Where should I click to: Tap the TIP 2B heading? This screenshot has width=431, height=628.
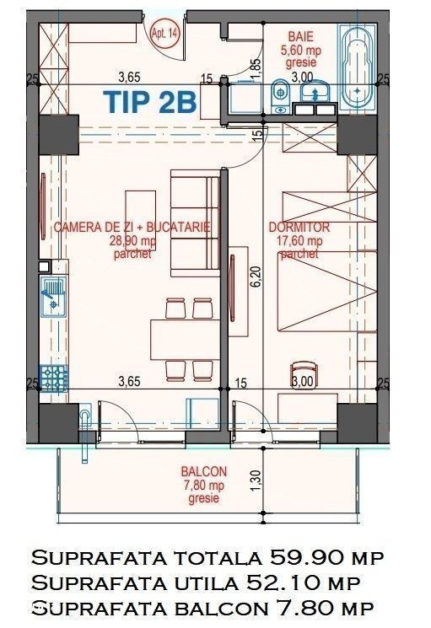[150, 101]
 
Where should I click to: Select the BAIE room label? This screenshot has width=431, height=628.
[301, 36]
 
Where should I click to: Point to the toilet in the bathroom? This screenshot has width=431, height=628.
[280, 96]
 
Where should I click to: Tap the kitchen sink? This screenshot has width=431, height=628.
[53, 297]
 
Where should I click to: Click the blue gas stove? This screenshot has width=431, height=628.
[53, 378]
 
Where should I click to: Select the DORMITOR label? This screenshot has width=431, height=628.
[299, 227]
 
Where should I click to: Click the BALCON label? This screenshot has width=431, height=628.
[204, 471]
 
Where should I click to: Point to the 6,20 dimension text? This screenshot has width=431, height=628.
[256, 276]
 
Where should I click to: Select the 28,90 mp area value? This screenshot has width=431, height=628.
[132, 241]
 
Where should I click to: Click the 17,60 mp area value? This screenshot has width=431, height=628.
[299, 241]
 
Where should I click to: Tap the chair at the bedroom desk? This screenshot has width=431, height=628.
[304, 375]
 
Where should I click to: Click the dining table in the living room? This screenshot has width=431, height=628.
[185, 339]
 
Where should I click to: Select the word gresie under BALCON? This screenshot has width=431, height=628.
[204, 498]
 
